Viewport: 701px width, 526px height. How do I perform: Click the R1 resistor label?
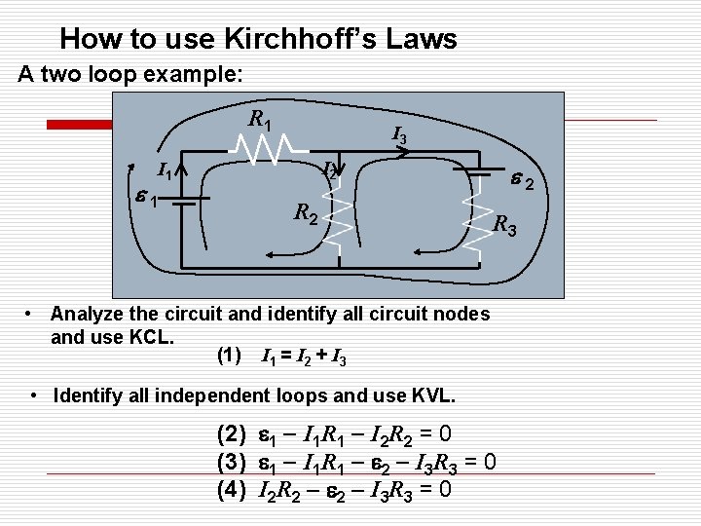[x=260, y=121]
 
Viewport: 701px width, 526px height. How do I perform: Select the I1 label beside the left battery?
[x=166, y=173]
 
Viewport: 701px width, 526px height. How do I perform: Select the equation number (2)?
[x=231, y=433]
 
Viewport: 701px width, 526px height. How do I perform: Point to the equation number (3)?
[x=231, y=461]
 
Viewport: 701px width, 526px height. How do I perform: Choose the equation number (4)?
[x=231, y=488]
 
